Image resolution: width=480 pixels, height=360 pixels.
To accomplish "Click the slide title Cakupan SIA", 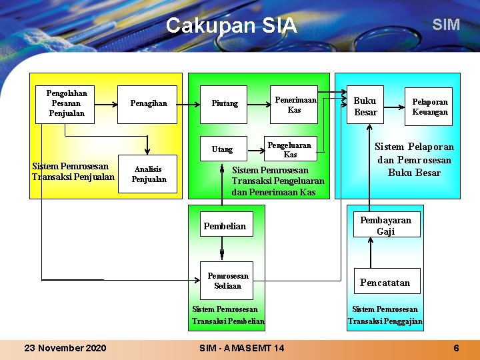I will coord(231,25).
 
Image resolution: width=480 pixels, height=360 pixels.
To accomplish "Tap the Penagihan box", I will coord(148,104).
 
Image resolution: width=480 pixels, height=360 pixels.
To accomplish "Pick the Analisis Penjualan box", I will coord(148,175).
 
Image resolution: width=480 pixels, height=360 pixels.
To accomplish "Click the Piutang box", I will coord(225,104).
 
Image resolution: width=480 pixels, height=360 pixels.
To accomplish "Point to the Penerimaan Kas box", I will coord(294,105).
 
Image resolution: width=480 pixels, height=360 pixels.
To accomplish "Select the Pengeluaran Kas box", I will coord(290,149).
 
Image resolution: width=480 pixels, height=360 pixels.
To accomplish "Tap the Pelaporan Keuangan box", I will coord(429,107).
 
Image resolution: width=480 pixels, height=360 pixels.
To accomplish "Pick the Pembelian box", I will coord(225,226).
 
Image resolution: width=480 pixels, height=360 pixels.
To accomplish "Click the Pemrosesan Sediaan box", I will coord(227,281).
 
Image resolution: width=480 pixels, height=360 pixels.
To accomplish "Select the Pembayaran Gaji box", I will coord(386,226).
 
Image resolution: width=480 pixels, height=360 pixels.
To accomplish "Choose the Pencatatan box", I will coord(386,282).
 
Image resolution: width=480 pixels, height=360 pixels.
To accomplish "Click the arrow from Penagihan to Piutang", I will coord(189,104).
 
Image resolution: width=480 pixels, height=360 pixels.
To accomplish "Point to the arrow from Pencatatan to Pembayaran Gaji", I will coord(371,253).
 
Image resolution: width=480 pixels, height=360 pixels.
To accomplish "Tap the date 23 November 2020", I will coord(65,348).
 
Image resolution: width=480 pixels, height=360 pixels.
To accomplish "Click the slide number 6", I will coord(456,348).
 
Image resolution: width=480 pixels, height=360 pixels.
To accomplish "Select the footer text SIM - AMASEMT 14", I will coord(241,348).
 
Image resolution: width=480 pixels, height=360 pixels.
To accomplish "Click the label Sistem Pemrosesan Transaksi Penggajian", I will coord(385,315).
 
